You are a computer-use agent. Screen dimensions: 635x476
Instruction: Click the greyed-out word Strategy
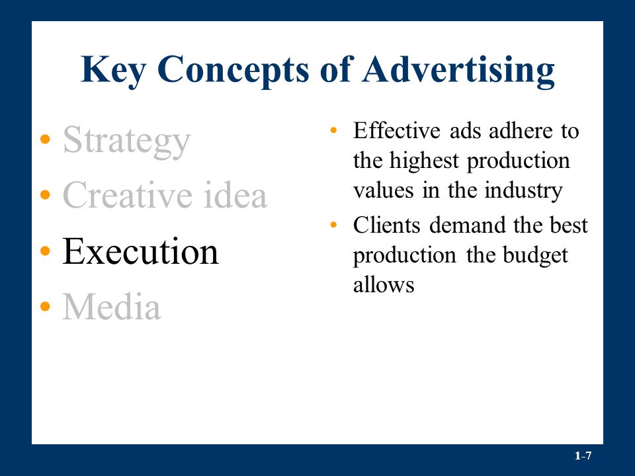[x=126, y=141]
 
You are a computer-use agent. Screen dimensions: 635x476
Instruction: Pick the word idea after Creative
[x=235, y=195]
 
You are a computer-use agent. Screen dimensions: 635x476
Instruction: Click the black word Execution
[x=140, y=251]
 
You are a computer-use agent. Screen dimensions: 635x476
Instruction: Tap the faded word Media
[x=111, y=307]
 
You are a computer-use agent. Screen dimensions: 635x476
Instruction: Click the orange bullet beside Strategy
[x=46, y=139]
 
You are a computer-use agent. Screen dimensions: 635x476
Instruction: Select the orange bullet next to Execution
[x=46, y=251]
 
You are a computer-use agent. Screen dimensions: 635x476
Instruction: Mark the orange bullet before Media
[x=46, y=306]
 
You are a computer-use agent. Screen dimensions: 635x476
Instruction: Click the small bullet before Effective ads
[x=333, y=130]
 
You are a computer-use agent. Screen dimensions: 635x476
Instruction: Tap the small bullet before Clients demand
[x=333, y=225]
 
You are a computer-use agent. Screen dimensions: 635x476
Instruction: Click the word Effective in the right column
[x=396, y=131]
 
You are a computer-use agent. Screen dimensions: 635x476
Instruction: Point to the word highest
[x=424, y=161]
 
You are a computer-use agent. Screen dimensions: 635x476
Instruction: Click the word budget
[x=535, y=255]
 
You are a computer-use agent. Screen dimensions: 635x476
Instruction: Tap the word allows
[x=384, y=284]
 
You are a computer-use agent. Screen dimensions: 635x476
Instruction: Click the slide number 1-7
[x=583, y=456]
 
